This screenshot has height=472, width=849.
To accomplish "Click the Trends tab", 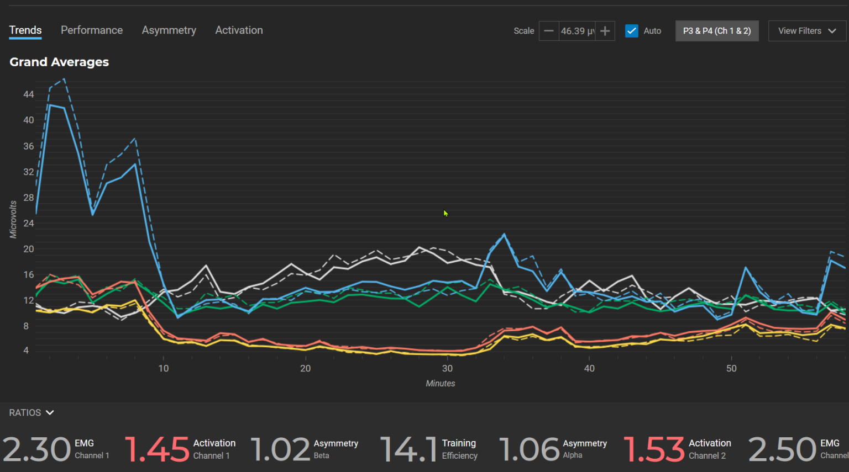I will click(x=25, y=30).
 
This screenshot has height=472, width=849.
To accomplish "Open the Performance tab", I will click(x=92, y=30).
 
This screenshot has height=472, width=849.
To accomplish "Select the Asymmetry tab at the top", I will click(x=169, y=30).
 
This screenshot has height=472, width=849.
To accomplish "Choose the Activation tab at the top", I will click(x=239, y=30).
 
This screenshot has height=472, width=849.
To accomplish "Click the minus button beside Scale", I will click(x=548, y=31).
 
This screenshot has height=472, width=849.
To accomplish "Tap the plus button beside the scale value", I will click(x=605, y=31).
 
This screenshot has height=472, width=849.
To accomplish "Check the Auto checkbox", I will click(x=631, y=31).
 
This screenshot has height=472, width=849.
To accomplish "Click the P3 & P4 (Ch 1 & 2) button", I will click(x=716, y=31).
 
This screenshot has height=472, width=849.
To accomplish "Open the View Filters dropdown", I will click(x=806, y=31).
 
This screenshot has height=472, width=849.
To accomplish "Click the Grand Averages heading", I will click(x=59, y=62).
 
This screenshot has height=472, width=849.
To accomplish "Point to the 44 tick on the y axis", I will click(x=28, y=94).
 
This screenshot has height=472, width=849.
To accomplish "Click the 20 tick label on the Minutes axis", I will click(x=305, y=368).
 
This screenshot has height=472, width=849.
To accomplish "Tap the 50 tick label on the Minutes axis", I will click(x=731, y=368).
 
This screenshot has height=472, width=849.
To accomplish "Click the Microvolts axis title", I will click(x=13, y=220).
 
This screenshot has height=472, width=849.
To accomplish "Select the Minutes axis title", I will click(x=440, y=383).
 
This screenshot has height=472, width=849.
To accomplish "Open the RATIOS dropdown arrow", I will click(x=50, y=412).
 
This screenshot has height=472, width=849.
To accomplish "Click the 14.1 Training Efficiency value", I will click(x=408, y=449).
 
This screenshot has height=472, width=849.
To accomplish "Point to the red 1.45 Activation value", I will click(x=157, y=449).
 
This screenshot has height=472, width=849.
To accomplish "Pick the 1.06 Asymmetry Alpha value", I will click(x=530, y=449).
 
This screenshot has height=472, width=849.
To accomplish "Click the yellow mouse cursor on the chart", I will click(x=446, y=213).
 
